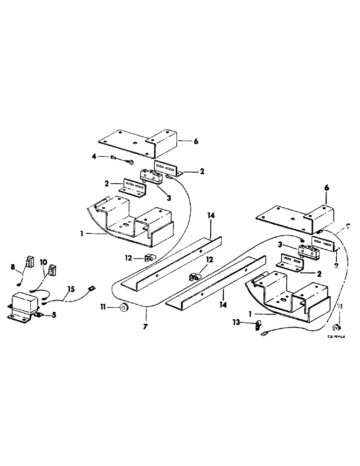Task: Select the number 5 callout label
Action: tap(54, 315)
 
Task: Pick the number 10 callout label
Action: tap(43, 262)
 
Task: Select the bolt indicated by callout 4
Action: tap(122, 161)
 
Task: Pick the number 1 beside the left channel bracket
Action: tap(82, 234)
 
